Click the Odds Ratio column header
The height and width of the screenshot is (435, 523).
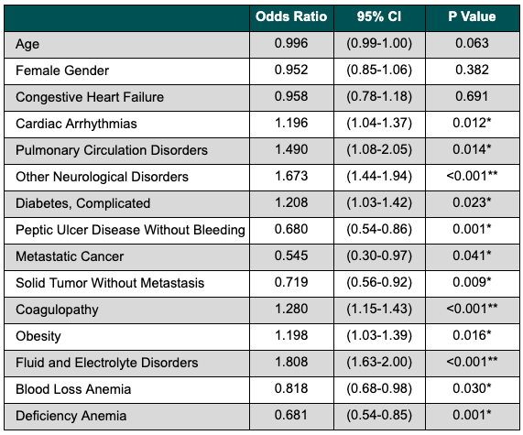pyautogui.click(x=291, y=16)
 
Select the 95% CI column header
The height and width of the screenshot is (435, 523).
pyautogui.click(x=379, y=16)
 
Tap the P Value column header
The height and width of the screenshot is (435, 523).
pyautogui.click(x=472, y=16)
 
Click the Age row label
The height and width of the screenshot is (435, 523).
pyautogui.click(x=27, y=44)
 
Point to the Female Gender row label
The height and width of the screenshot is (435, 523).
pyautogui.click(x=62, y=71)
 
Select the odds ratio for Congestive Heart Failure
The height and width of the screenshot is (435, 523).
pyautogui.click(x=291, y=96)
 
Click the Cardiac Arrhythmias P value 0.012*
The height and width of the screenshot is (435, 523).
pyautogui.click(x=472, y=123)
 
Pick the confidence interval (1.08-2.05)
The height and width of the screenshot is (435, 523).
pyautogui.click(x=379, y=150)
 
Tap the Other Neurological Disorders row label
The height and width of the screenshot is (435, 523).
pyautogui.click(x=102, y=177)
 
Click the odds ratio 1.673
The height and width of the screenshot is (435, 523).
pyautogui.click(x=291, y=176)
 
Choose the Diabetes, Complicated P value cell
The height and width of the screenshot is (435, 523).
pyautogui.click(x=472, y=202)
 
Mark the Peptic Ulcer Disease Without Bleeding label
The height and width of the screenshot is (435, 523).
pyautogui.click(x=130, y=230)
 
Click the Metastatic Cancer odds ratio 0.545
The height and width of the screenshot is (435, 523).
pyautogui.click(x=291, y=256)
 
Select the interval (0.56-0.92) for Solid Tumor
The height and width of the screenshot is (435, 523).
pyautogui.click(x=379, y=283)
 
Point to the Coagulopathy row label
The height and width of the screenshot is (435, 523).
pyautogui.click(x=57, y=310)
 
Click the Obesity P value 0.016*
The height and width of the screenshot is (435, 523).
pyautogui.click(x=472, y=335)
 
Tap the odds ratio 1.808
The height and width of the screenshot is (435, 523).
pyautogui.click(x=291, y=362)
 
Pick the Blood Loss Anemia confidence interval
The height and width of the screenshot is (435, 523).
pyautogui.click(x=379, y=388)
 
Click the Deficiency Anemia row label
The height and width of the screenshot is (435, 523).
pyautogui.click(x=71, y=417)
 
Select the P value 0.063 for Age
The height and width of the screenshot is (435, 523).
pyautogui.click(x=472, y=43)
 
